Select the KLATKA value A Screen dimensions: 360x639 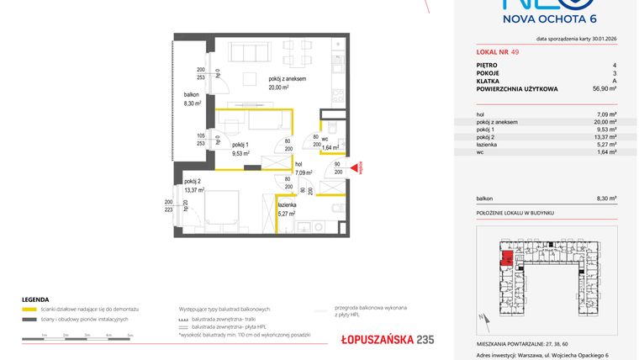pyautogui.click(x=615, y=80)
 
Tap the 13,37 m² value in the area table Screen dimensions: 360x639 pyautogui.click(x=605, y=136)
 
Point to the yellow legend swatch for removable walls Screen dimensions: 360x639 pyautogui.click(x=27, y=310)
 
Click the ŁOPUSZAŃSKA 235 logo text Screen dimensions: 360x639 pyautogui.click(x=376, y=339)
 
